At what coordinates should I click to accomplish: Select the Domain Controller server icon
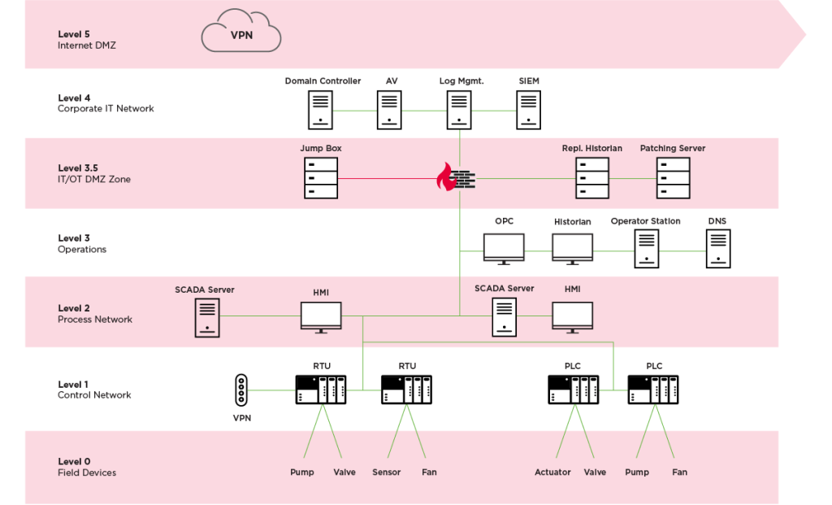(x=321, y=110)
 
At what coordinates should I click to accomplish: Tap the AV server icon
(x=390, y=110)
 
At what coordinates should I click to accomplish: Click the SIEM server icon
(x=529, y=110)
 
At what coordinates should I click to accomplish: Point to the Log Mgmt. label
(x=461, y=81)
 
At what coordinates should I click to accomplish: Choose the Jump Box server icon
(x=321, y=178)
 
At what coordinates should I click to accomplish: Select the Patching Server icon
(x=673, y=178)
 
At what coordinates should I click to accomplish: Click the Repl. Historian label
(x=591, y=149)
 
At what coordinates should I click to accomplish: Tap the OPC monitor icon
(x=504, y=248)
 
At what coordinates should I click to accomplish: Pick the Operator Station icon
(x=646, y=248)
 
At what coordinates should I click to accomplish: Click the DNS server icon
(x=717, y=248)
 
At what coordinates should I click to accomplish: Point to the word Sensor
(x=387, y=472)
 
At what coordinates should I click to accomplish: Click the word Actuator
(x=552, y=472)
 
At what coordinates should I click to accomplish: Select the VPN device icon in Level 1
(x=240, y=390)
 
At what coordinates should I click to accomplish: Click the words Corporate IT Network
(x=106, y=109)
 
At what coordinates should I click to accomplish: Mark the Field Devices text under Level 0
(x=87, y=472)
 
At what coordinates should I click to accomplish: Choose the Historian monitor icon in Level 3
(x=573, y=248)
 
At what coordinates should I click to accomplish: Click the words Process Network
(x=95, y=320)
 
